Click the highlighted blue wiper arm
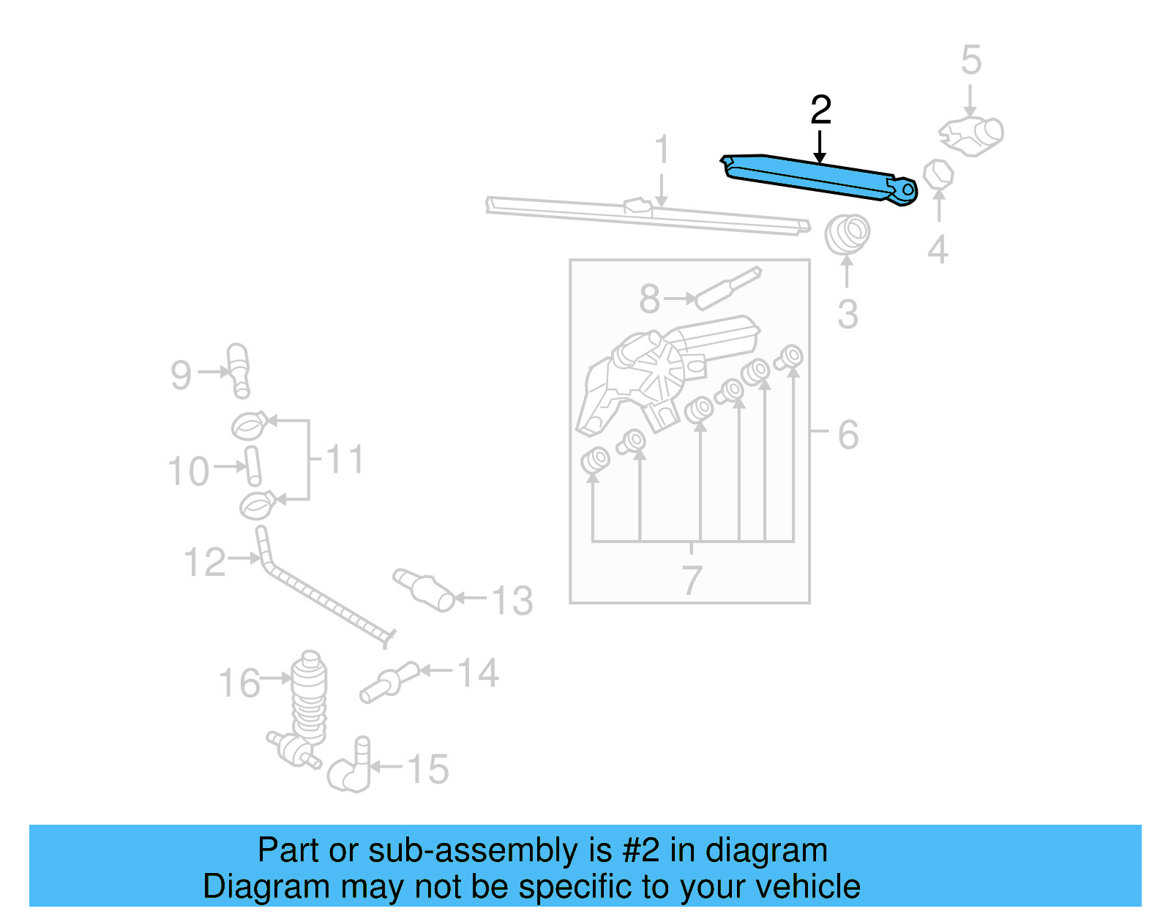pyautogui.click(x=812, y=178)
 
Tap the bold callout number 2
pyautogui.click(x=820, y=110)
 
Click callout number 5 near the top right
pyautogui.click(x=970, y=60)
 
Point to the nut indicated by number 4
pyautogui.click(x=938, y=174)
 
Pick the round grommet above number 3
pyautogui.click(x=847, y=233)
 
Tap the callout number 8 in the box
pyautogui.click(x=649, y=299)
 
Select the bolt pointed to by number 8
pyautogui.click(x=727, y=288)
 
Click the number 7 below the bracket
pyautogui.click(x=692, y=580)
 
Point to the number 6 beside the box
pyautogui.click(x=848, y=435)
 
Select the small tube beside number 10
pyautogui.click(x=252, y=465)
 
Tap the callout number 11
pyautogui.click(x=344, y=460)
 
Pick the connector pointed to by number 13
pyautogui.click(x=424, y=589)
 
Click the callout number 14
pyautogui.click(x=478, y=673)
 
